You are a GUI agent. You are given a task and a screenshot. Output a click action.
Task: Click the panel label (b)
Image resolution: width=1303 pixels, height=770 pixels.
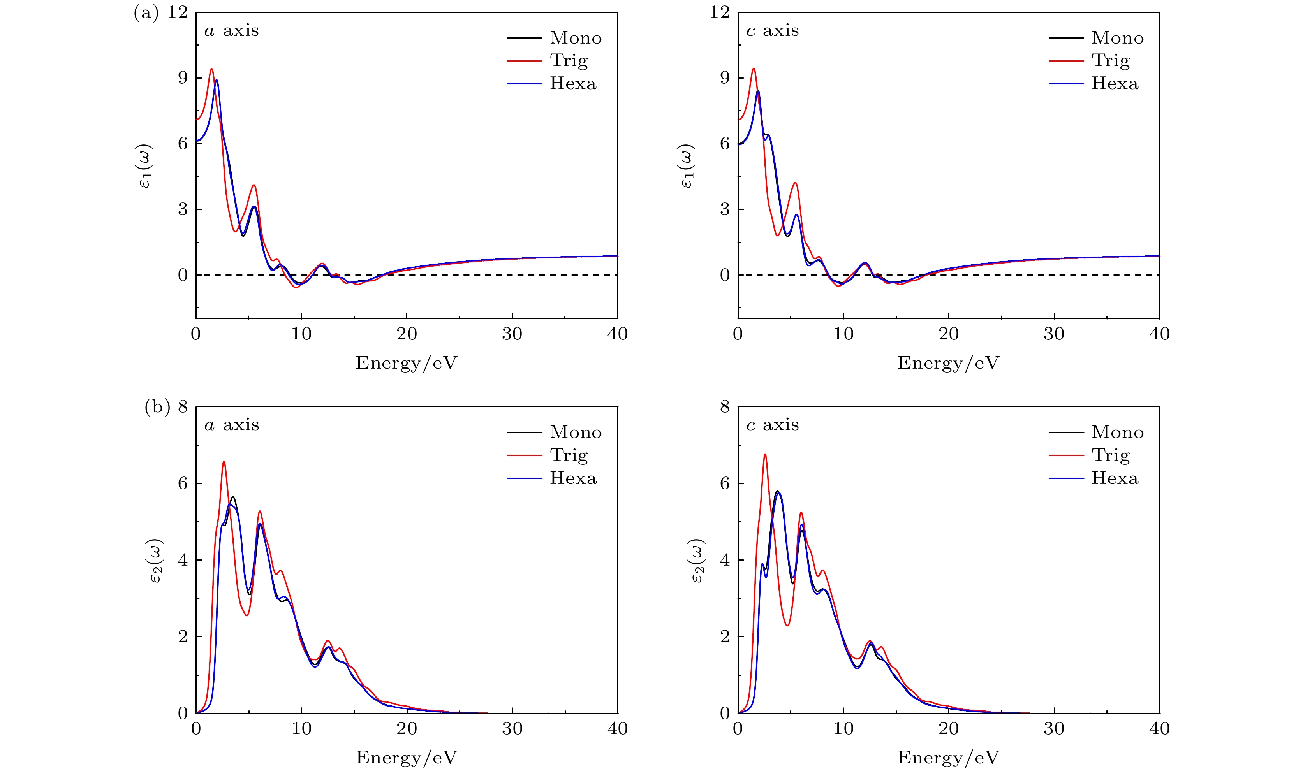[157, 407]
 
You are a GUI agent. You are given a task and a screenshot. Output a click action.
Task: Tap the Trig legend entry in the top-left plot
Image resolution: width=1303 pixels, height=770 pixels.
[569, 61]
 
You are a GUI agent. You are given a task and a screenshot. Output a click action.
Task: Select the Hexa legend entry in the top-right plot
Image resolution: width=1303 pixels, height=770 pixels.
[1115, 84]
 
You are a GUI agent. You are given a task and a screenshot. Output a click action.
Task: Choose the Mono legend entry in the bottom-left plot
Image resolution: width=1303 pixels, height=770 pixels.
[576, 432]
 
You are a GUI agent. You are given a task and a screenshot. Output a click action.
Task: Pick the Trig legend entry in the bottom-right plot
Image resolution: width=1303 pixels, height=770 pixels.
[1111, 455]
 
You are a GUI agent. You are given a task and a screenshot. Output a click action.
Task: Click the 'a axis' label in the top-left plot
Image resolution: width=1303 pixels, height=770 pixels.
[231, 31]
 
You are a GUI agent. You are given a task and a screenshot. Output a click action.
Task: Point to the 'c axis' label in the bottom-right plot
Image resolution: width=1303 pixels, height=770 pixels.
[772, 425]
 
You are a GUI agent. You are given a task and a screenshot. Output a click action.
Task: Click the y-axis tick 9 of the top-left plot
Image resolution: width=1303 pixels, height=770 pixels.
[183, 78]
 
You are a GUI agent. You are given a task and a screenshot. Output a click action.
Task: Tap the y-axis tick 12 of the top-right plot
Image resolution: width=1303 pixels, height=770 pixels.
[719, 12]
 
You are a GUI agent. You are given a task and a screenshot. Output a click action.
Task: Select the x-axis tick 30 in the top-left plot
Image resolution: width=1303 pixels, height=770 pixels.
[512, 334]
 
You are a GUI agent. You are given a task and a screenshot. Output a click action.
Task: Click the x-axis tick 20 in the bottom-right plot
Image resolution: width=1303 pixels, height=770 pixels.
[948, 729]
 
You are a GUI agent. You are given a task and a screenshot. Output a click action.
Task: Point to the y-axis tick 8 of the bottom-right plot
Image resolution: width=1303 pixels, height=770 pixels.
[724, 407]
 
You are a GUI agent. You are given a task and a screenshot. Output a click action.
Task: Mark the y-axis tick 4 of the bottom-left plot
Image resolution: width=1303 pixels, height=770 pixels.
[183, 561]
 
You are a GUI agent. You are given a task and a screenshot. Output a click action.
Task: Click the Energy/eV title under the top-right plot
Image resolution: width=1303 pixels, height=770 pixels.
[948, 363]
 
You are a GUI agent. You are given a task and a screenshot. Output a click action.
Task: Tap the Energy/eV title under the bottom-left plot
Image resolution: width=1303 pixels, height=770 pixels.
[406, 758]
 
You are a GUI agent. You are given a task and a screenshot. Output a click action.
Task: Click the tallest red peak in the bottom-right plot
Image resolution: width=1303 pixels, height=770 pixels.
[764, 455]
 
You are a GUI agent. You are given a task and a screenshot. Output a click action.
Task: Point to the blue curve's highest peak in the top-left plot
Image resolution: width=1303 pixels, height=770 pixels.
[217, 80]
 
